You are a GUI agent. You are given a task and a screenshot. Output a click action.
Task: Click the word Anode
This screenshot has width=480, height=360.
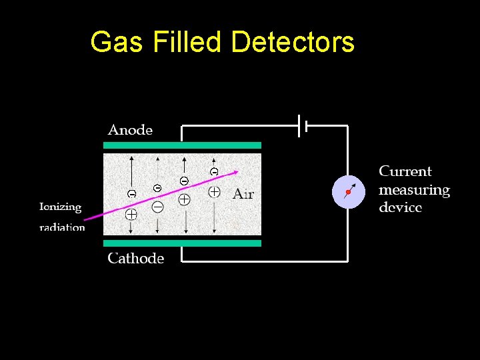pos(130,130)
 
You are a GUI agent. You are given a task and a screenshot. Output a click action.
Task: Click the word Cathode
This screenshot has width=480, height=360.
pos(135,258)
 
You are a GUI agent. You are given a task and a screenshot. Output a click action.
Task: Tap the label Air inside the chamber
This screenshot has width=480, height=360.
pos(243,194)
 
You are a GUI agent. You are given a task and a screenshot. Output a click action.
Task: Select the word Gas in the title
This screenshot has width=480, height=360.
pos(116,42)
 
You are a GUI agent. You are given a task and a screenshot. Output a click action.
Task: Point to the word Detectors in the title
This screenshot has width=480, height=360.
pos(293,42)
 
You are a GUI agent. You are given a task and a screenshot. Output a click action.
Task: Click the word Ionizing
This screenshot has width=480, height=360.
pos(60,207)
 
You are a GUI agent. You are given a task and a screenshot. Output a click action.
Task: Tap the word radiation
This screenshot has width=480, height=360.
pos(62,227)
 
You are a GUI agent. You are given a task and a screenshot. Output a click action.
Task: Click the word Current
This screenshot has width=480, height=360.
pos(405,171)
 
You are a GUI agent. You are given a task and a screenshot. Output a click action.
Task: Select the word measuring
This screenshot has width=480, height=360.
pos(414,190)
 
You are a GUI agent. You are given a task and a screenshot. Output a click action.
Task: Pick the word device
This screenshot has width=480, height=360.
pos(400,207)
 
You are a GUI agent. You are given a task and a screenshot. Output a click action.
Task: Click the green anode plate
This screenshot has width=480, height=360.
pos(182,145)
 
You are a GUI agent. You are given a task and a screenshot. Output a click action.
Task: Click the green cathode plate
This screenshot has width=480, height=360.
pos(182,243)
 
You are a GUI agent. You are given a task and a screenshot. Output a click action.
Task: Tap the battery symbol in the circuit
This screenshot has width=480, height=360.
pos(302,125)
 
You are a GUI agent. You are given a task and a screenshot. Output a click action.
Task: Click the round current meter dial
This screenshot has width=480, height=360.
pos(349,192)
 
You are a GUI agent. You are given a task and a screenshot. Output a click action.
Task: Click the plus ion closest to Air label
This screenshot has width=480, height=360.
pos(214,192)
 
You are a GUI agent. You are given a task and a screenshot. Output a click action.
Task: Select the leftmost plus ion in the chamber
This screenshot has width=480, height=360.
pos(131,215)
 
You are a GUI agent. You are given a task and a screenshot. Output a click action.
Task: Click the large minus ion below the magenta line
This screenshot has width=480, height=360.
pos(157,207)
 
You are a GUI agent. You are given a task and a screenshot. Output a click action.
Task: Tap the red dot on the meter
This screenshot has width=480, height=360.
pos(347,193)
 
